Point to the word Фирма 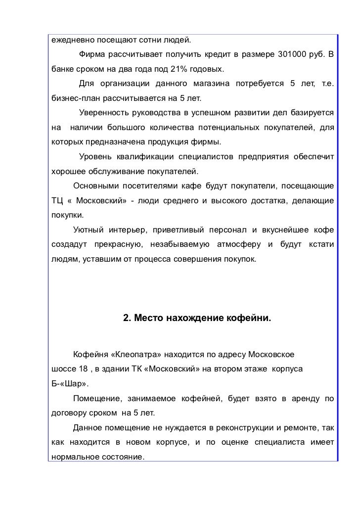pyautogui.click(x=92, y=53)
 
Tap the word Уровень pyautogui.click(x=94, y=158)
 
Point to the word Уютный pyautogui.click(x=88, y=230)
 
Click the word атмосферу pyautogui.click(x=238, y=244)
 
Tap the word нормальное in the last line pyautogui.click(x=74, y=457)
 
